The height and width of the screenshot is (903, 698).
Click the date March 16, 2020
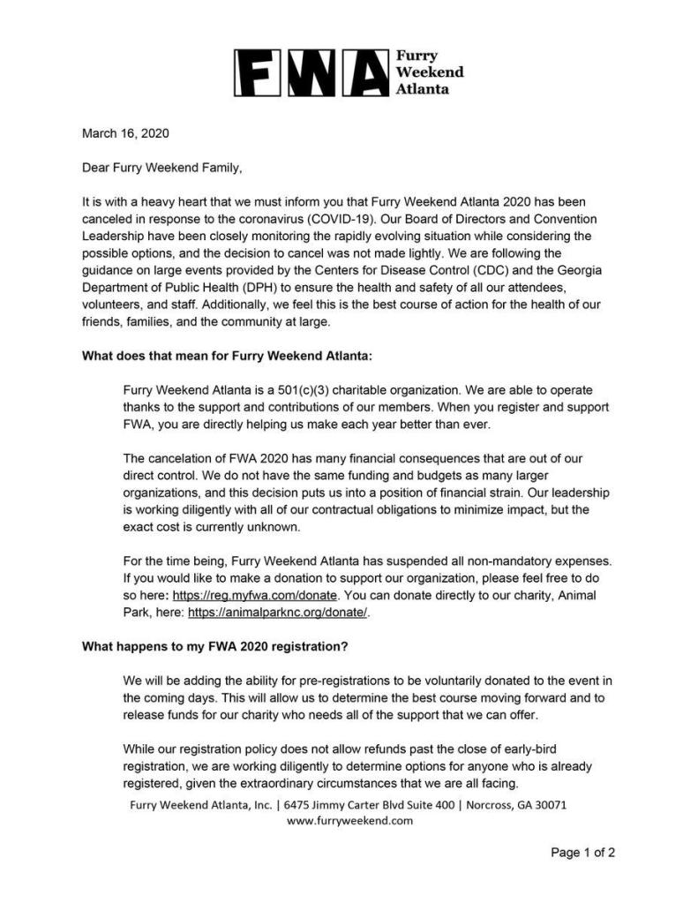click(x=124, y=134)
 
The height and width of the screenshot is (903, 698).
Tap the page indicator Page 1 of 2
click(x=582, y=853)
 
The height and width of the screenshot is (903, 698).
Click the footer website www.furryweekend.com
click(x=349, y=820)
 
